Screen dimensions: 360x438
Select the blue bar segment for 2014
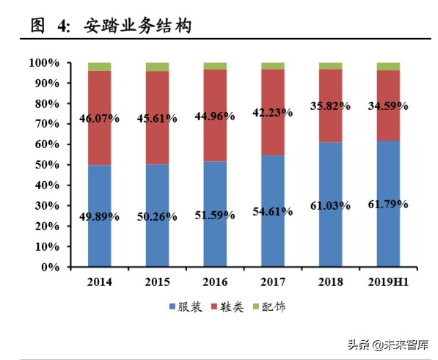[99, 235]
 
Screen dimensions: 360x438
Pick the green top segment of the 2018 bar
[330, 66]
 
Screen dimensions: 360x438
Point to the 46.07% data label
[99, 118]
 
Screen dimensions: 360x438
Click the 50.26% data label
[157, 216]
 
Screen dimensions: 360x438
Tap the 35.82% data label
[330, 104]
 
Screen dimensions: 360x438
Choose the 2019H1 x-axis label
[388, 282]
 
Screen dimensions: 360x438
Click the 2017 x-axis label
[273, 282]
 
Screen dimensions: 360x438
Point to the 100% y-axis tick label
[45, 63]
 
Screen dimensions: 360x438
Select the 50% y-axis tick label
[48, 165]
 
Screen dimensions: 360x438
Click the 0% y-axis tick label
[51, 267]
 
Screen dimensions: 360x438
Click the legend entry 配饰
[275, 306]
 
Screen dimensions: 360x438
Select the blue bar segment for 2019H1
[388, 235]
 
